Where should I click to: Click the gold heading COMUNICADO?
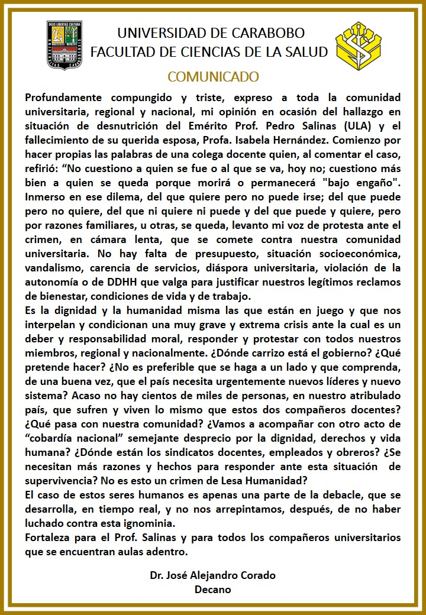213,77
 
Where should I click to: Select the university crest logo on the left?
65,45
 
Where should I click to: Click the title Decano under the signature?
213,590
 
